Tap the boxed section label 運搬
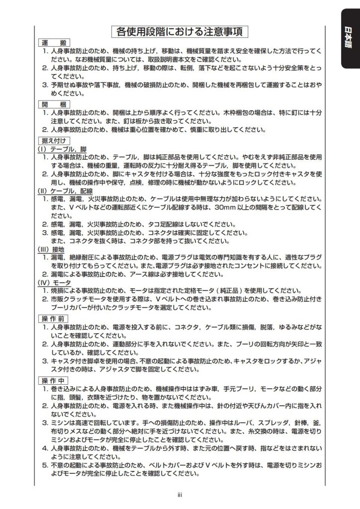coord(55,43)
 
